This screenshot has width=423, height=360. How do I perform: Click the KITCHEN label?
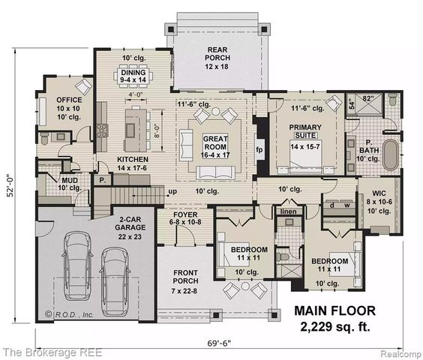(132, 164)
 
